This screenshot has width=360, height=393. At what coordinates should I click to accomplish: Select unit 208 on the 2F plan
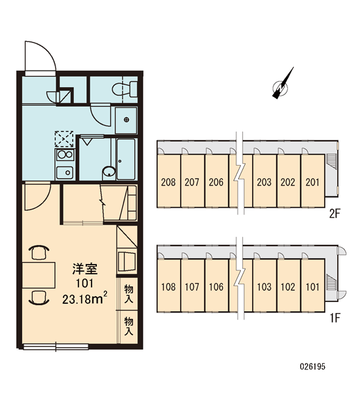tap(169, 181)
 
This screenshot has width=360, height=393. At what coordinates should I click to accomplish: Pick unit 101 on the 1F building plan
tap(312, 286)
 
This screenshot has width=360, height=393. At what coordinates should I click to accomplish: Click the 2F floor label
tap(334, 214)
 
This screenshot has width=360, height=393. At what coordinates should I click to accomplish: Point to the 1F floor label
tap(335, 318)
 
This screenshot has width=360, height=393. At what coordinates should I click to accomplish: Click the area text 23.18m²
tap(85, 298)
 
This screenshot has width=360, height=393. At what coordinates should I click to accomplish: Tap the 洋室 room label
tap(85, 269)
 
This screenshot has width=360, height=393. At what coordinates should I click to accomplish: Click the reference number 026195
tap(313, 366)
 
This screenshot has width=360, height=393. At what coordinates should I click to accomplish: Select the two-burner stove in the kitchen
tap(65, 155)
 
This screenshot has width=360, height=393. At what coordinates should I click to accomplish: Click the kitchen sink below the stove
tap(65, 172)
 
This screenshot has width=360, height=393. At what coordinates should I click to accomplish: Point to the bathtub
tap(126, 159)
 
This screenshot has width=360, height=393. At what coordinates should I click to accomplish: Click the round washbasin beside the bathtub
tap(109, 172)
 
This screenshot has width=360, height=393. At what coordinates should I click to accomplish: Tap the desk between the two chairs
tap(39, 275)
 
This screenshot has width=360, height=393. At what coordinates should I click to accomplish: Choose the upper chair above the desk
tap(39, 252)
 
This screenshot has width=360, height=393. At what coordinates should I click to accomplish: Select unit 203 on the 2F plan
tap(264, 181)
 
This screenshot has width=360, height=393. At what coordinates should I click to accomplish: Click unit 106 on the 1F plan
tap(216, 286)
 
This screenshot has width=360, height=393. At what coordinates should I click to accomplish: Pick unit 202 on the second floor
tap(288, 181)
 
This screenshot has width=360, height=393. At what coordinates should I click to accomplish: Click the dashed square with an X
tap(64, 139)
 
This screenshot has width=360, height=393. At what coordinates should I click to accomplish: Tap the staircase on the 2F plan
tap(331, 160)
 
